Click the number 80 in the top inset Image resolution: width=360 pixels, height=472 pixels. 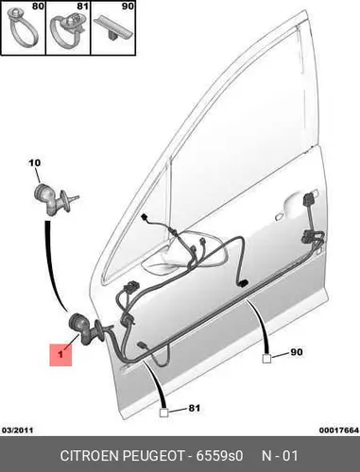tap(38, 6)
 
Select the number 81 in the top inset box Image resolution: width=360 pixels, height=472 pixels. tap(82, 6)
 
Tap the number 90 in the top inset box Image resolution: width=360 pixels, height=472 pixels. tap(128, 6)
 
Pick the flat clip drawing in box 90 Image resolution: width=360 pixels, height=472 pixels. tap(115, 27)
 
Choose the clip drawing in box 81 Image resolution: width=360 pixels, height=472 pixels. tap(68, 30)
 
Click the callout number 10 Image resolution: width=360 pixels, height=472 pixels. tap(35, 163)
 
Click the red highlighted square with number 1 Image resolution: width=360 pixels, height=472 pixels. tap(60, 355)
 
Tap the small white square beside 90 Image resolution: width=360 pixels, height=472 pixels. tap(266, 359)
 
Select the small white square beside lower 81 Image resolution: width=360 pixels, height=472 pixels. tap(163, 413)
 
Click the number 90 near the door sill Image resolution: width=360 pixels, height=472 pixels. tap(297, 352)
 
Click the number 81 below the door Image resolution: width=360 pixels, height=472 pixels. tap(194, 408)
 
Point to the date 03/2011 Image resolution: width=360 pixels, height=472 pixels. tap(17, 430)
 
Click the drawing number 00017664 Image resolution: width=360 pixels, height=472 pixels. tap(339, 430)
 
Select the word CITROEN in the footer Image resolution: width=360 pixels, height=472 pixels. tap(90, 456)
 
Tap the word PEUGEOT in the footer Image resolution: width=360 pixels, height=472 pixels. tap(153, 456)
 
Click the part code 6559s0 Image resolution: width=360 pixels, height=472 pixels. tap(220, 456)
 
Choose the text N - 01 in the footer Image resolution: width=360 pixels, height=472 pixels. tap(280, 456)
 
